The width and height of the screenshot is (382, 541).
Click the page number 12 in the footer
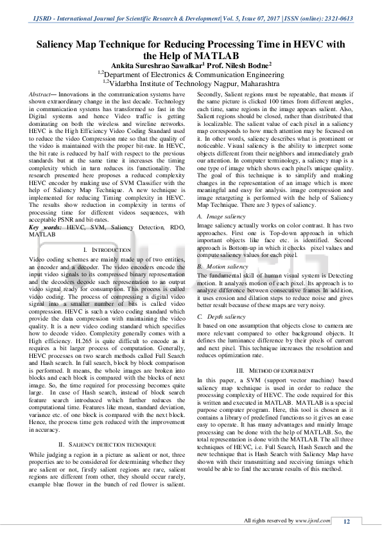tap(346, 521)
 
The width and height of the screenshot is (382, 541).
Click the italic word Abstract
tap(42, 94)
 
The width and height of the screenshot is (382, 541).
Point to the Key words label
tap(46, 228)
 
